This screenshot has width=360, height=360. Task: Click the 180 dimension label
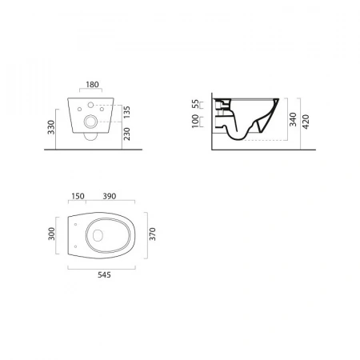pyautogui.click(x=92, y=85)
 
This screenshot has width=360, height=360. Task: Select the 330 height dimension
pyautogui.click(x=51, y=127)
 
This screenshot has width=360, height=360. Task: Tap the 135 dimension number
pyautogui.click(x=126, y=112)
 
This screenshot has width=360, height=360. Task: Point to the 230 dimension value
pyautogui.click(x=126, y=134)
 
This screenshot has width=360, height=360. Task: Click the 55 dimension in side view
pyautogui.click(x=196, y=104)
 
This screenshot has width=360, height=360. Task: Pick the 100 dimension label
pyautogui.click(x=196, y=121)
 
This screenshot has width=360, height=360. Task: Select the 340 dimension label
pyautogui.click(x=293, y=119)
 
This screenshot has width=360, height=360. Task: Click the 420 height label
pyautogui.click(x=306, y=122)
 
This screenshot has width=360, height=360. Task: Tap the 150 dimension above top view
pyautogui.click(x=78, y=196)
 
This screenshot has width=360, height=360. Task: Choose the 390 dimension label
pyautogui.click(x=110, y=196)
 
